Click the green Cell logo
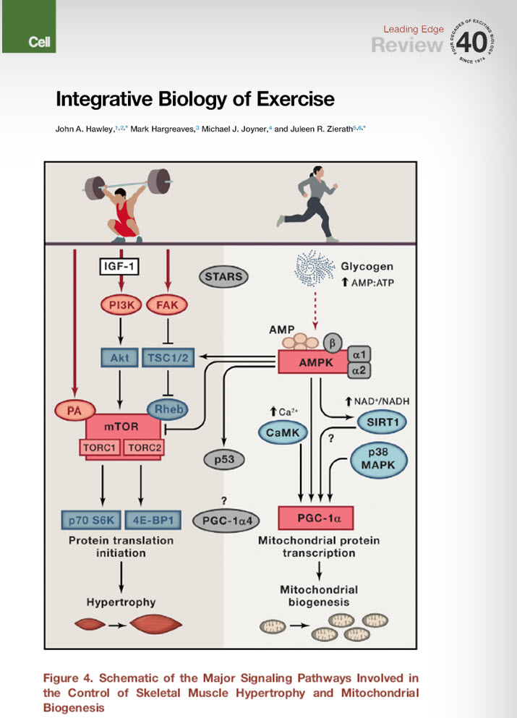click(27, 27)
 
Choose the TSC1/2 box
click(168, 356)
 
